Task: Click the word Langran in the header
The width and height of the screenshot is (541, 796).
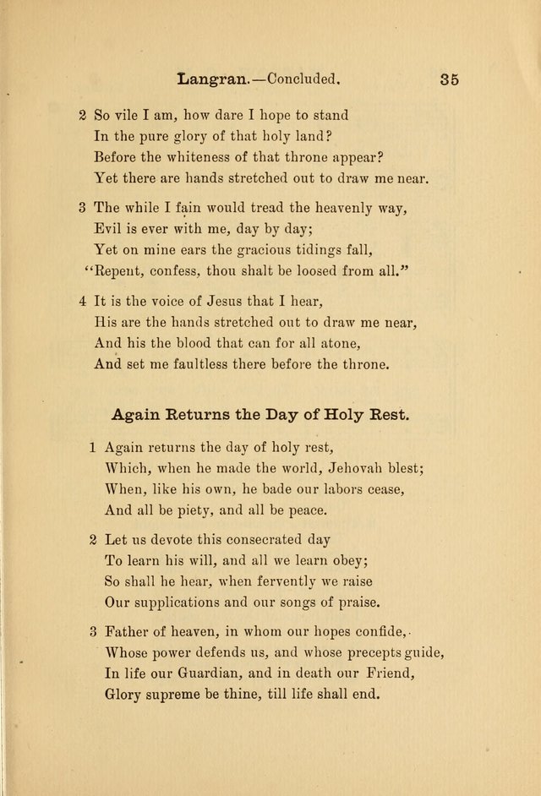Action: (210, 81)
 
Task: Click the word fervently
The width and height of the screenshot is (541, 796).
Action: (287, 582)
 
